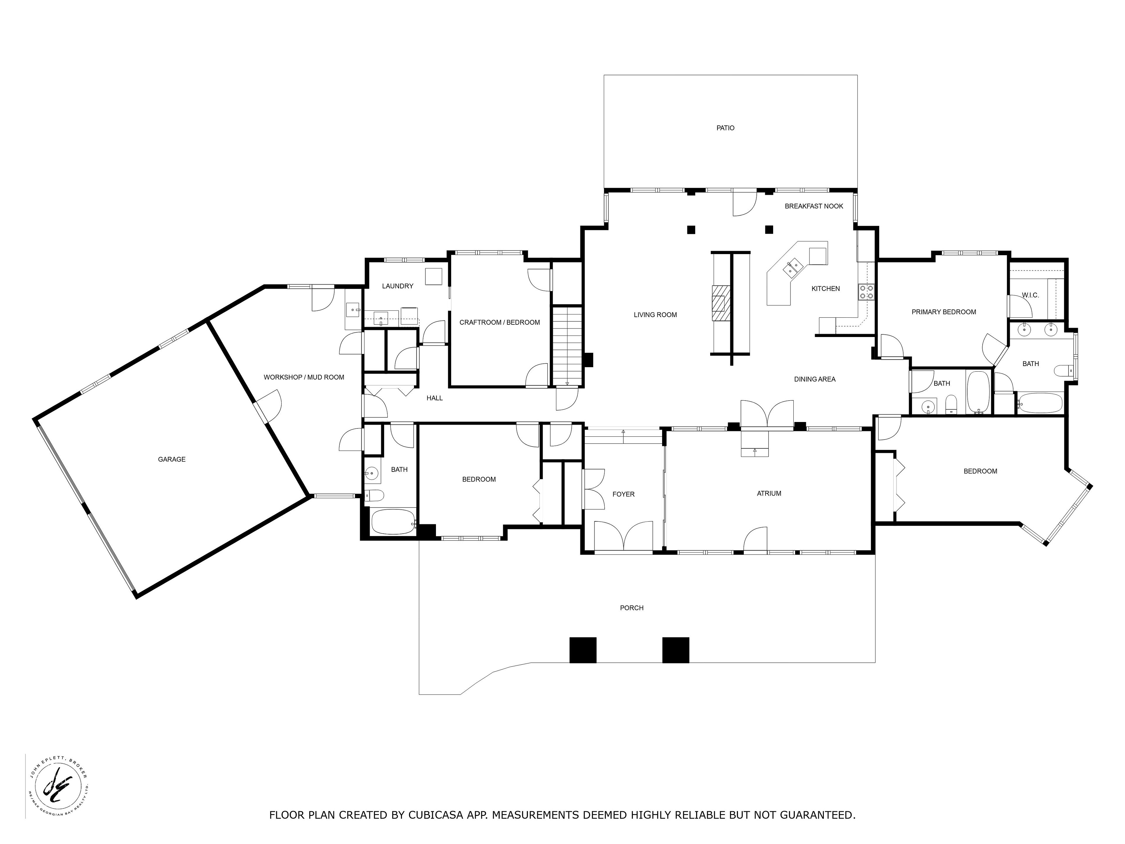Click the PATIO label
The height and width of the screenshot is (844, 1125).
click(x=725, y=128)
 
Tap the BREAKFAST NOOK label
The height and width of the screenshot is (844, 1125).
click(x=814, y=206)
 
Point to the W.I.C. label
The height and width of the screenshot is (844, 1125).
click(x=1030, y=295)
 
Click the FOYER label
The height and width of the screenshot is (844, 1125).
click(x=623, y=494)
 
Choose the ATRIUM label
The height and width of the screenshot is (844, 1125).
click(x=769, y=494)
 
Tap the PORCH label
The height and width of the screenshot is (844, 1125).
click(x=632, y=608)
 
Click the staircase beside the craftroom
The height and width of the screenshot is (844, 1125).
click(x=567, y=346)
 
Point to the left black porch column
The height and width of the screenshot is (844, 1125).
click(x=583, y=650)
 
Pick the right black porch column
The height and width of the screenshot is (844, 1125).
click(x=676, y=650)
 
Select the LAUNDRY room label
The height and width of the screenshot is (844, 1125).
click(x=398, y=286)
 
